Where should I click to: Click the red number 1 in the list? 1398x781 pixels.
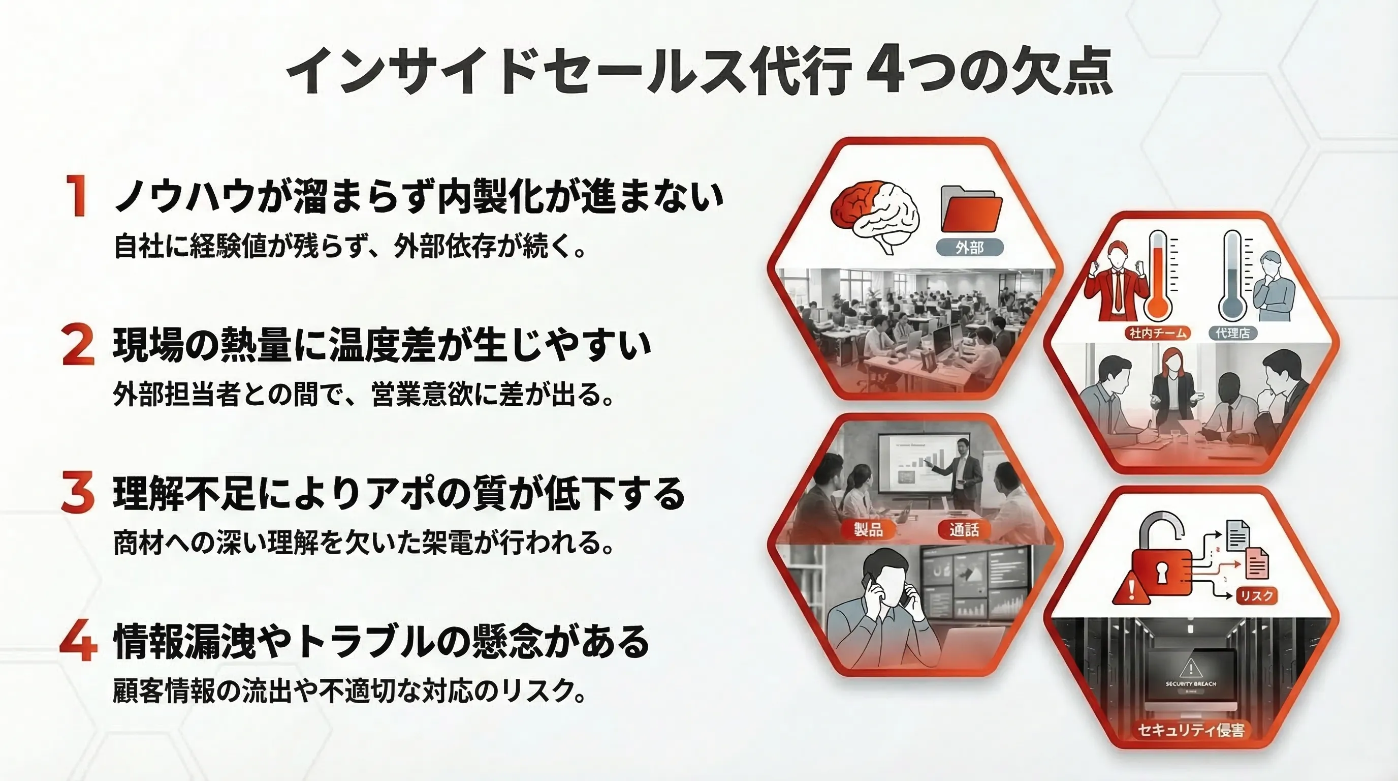(x=78, y=196)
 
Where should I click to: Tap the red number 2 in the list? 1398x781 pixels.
(x=78, y=344)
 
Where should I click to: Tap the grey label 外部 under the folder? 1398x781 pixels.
(x=970, y=248)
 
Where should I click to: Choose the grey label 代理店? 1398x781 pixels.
(x=1232, y=333)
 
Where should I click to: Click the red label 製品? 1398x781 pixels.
(x=868, y=529)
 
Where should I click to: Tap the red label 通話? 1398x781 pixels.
(x=964, y=529)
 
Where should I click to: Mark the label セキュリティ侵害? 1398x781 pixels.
(x=1191, y=730)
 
